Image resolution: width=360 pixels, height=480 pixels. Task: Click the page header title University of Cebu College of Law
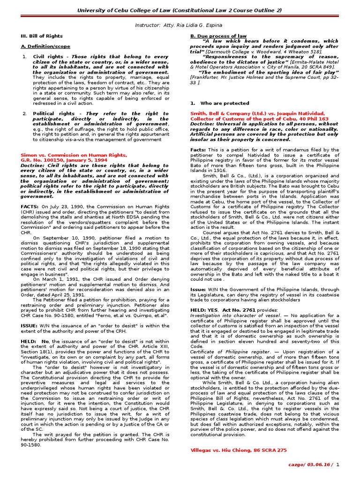[180, 10]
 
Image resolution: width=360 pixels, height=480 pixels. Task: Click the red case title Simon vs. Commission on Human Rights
[74, 155]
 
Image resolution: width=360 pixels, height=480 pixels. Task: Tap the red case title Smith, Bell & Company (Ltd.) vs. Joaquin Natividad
[257, 113]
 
